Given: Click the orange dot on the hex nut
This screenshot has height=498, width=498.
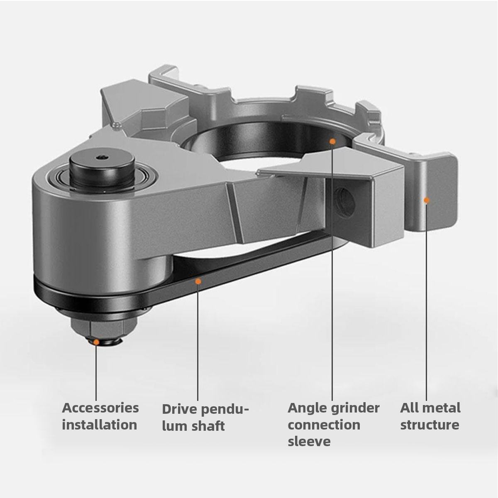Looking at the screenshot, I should tap(96, 342).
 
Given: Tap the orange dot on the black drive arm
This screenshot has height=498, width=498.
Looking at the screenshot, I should tap(198, 281).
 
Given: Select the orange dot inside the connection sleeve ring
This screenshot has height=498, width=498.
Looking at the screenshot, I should tap(332, 142).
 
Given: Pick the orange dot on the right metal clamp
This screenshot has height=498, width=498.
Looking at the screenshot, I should tap(426, 200).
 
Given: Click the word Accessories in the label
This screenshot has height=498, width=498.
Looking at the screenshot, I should tap(100, 408).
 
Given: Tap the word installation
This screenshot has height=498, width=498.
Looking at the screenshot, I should tap(100, 425).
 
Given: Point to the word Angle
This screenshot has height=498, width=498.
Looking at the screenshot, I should tap(307, 408).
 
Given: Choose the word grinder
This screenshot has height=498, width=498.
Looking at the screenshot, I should tap(355, 408).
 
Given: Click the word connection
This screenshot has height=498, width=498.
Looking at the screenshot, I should tap(324, 425).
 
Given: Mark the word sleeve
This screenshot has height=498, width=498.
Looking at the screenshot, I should tap(309, 441).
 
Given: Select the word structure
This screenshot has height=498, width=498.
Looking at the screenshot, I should tap(430, 425).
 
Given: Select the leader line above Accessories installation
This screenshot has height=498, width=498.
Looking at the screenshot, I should tap(96, 373).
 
